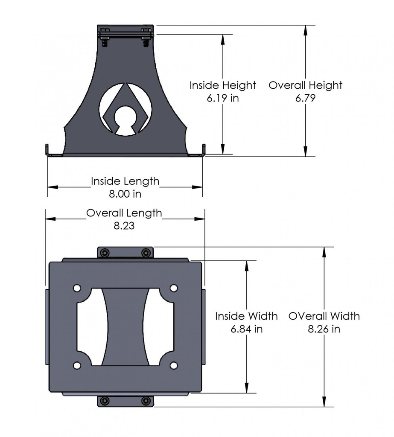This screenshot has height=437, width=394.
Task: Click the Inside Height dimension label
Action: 223,85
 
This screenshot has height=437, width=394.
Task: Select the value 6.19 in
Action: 223,99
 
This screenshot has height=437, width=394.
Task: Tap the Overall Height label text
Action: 305,85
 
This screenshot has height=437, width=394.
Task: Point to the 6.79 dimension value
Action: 305,99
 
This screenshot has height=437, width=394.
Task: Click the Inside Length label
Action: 125,181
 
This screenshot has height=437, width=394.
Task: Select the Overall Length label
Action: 124,213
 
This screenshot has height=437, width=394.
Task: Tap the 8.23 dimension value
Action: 124,226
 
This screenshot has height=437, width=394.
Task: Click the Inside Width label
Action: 246,316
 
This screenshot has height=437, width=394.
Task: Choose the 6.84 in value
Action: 246,329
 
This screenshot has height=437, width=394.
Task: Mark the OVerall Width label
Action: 324,316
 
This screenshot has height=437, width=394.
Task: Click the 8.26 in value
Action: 324,329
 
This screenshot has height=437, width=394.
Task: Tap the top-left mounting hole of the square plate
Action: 77,288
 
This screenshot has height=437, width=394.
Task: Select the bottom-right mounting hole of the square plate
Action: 174,366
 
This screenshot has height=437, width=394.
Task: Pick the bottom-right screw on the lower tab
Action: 146,401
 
